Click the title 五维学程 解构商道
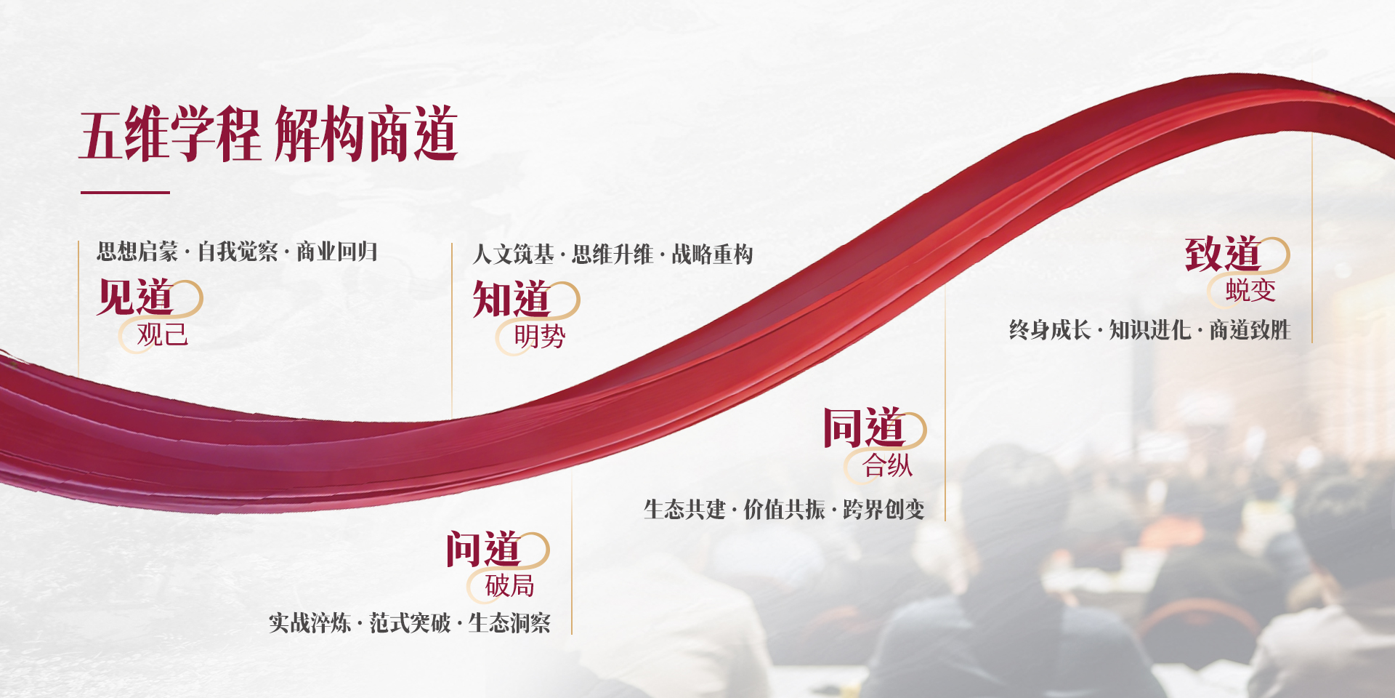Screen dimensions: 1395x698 (268, 134)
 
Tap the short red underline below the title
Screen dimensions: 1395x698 (125, 193)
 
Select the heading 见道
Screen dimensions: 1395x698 (135, 297)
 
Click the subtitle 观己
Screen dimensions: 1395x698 (163, 334)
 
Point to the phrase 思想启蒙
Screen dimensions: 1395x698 (137, 252)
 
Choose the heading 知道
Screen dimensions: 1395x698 (511, 299)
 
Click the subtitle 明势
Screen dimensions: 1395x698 (539, 336)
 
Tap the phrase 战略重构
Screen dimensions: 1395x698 (712, 254)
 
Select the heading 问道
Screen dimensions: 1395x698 (483, 549)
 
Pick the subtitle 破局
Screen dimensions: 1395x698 (510, 585)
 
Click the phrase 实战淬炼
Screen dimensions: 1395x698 (310, 623)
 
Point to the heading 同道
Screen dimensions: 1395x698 (863, 428)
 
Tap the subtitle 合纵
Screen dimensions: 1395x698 (888, 465)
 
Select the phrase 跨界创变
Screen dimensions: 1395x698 (883, 510)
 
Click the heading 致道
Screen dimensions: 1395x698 (1223, 254)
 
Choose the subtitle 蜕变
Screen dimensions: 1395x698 (1250, 290)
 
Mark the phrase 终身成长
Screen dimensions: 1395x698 (1050, 330)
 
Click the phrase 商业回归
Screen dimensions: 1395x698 (337, 252)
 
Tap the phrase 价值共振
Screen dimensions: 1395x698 (784, 510)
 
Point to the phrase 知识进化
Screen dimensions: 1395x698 (1150, 330)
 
